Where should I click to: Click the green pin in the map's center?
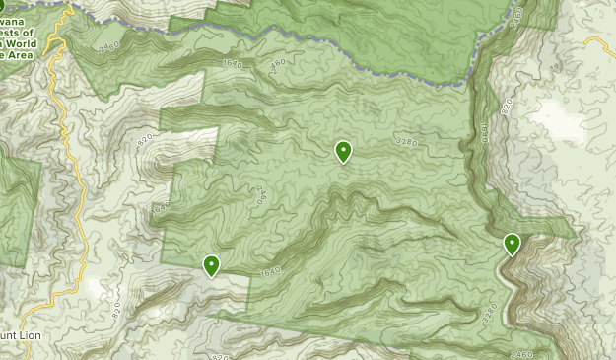[343, 151]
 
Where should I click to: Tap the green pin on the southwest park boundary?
[211, 265]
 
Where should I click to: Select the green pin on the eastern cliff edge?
[512, 244]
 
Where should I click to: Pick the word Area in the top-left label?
[21, 55]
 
